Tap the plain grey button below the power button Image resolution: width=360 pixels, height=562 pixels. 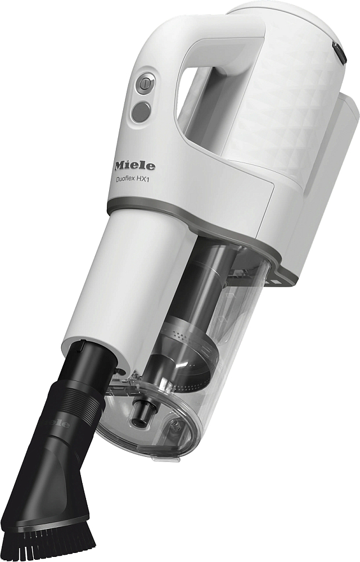point(141,111)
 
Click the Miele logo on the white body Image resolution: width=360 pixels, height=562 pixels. point(135,166)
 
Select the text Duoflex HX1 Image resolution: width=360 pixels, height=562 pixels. point(137,180)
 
